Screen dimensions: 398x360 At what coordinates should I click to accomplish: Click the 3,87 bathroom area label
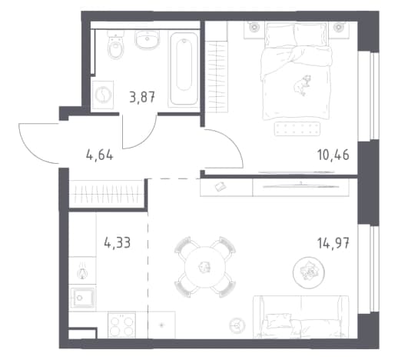click(x=142, y=97)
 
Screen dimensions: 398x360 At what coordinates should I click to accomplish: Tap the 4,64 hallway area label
click(x=100, y=155)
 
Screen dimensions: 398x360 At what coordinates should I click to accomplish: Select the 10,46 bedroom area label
click(x=333, y=155)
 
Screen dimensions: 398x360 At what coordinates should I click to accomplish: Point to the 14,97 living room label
click(x=333, y=243)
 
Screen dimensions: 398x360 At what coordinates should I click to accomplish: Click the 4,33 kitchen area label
click(x=118, y=242)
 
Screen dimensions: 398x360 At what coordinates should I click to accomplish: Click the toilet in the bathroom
click(x=115, y=45)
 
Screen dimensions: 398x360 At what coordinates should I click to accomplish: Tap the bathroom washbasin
click(x=147, y=40)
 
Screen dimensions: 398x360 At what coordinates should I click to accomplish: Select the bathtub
click(x=184, y=69)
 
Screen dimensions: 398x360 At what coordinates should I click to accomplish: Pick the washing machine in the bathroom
click(x=103, y=95)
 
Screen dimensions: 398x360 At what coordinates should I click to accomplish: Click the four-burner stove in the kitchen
click(x=121, y=325)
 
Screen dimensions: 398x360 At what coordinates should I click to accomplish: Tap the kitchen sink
click(x=82, y=298)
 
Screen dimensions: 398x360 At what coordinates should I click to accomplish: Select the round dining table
click(x=205, y=267)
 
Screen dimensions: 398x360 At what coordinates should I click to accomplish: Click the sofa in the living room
click(x=301, y=317)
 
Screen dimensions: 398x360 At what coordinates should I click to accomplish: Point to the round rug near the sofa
click(x=309, y=272)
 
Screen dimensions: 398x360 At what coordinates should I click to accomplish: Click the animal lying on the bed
click(x=302, y=85)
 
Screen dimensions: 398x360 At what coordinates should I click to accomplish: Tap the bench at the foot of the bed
click(x=297, y=128)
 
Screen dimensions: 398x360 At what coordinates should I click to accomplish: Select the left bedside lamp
click(x=254, y=27)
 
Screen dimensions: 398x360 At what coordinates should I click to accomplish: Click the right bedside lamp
click(x=339, y=27)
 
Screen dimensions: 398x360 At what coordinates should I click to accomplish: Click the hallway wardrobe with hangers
click(x=107, y=194)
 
